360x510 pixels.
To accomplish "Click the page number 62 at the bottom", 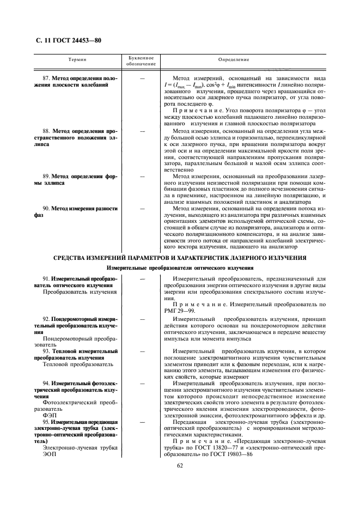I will tap(179, 465).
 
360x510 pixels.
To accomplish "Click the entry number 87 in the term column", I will tap(46, 78).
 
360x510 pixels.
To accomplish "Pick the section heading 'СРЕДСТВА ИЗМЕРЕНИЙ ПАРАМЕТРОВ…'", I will tap(179, 257).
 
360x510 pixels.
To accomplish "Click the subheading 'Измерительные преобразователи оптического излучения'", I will tap(179, 268).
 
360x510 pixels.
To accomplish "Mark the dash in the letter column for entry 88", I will tap(142, 131).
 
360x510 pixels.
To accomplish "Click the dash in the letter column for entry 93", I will tap(142, 352).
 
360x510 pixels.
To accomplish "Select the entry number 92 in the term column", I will tap(46, 318).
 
